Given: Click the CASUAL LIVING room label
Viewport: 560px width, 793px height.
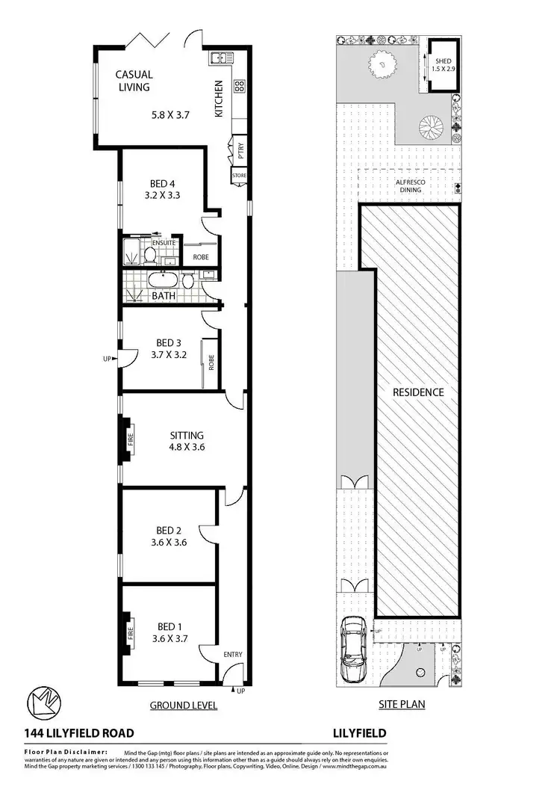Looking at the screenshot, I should click(134, 81).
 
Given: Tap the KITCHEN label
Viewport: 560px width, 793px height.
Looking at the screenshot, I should click(220, 99).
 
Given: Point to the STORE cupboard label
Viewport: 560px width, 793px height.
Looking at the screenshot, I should click(239, 176).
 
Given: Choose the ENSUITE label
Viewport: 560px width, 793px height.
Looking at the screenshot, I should click(164, 243).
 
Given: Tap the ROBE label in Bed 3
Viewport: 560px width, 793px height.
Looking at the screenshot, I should click(212, 362).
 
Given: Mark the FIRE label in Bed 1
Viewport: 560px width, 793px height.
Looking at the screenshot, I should click(130, 635).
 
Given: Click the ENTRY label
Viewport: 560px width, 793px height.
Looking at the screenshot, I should click(232, 655).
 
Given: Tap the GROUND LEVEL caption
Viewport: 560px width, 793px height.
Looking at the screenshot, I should click(183, 705).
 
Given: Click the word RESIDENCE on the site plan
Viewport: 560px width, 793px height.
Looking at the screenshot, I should click(418, 392).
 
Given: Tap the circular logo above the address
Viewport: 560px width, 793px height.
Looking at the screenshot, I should click(43, 703).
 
